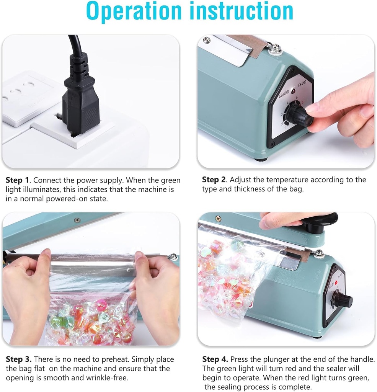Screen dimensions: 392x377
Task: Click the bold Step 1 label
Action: coord(17,180)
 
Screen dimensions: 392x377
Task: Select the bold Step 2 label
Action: coord(214,180)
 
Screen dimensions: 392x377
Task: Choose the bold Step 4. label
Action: coord(215,359)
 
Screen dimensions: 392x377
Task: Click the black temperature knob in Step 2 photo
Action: coord(299,114)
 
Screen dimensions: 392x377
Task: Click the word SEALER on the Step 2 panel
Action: coord(284,92)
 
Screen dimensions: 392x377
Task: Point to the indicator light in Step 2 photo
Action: coord(293,92)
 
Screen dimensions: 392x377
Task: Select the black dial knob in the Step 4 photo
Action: coord(343,301)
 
